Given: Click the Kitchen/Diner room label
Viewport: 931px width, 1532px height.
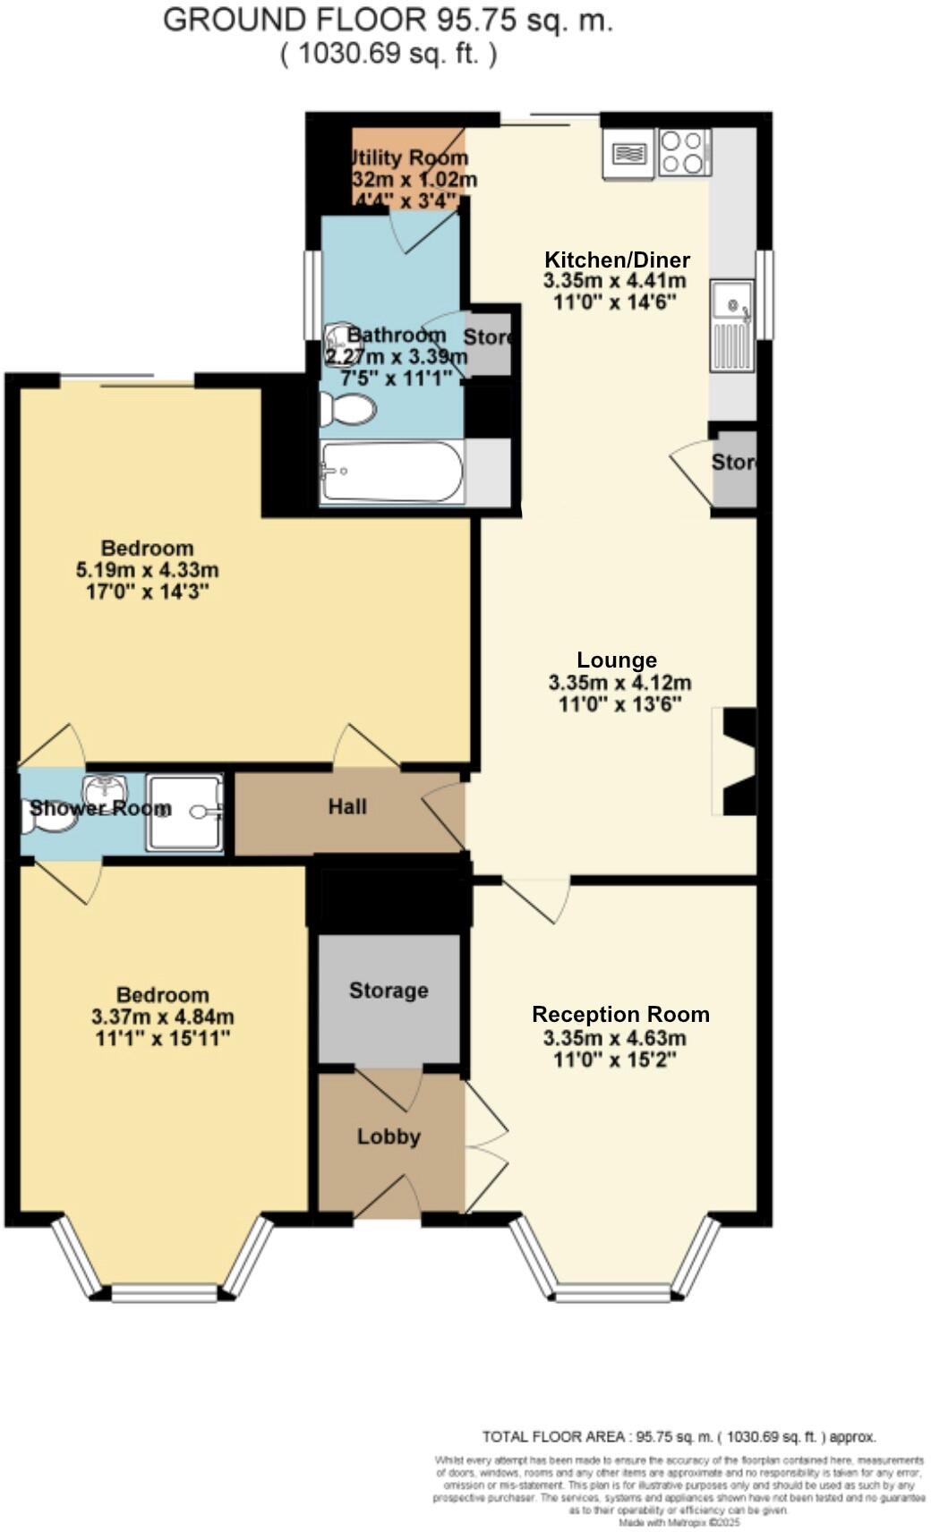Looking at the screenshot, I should pyautogui.click(x=617, y=260).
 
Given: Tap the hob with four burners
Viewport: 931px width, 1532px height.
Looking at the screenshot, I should pyautogui.click(x=684, y=152).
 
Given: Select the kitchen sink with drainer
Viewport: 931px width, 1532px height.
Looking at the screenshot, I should pyautogui.click(x=731, y=326).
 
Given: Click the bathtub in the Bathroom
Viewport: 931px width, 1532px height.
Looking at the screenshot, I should pyautogui.click(x=391, y=472).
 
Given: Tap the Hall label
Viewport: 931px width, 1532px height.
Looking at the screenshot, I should pyautogui.click(x=347, y=807).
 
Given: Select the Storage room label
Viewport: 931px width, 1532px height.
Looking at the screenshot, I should pyautogui.click(x=389, y=991).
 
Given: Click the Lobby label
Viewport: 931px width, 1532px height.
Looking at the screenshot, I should pyautogui.click(x=389, y=1136).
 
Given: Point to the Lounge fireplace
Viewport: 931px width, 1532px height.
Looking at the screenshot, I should pyautogui.click(x=738, y=762).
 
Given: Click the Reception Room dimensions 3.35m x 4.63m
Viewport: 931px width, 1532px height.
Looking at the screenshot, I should pyautogui.click(x=614, y=1038).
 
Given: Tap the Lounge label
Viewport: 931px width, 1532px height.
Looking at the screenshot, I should pyautogui.click(x=617, y=660).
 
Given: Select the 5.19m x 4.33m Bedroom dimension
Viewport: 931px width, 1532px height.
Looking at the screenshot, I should pyautogui.click(x=148, y=570).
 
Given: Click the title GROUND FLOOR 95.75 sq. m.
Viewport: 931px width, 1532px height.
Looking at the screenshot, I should pyautogui.click(x=388, y=21).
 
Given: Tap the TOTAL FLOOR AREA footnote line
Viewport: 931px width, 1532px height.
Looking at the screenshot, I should pyautogui.click(x=679, y=1437).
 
